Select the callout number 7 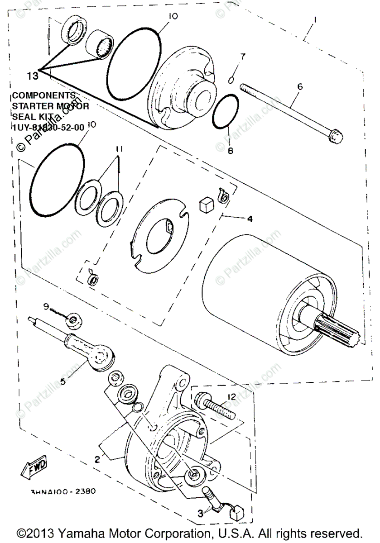243,57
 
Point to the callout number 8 231,151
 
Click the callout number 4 250,219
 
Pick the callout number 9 46,306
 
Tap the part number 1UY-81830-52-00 48,128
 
